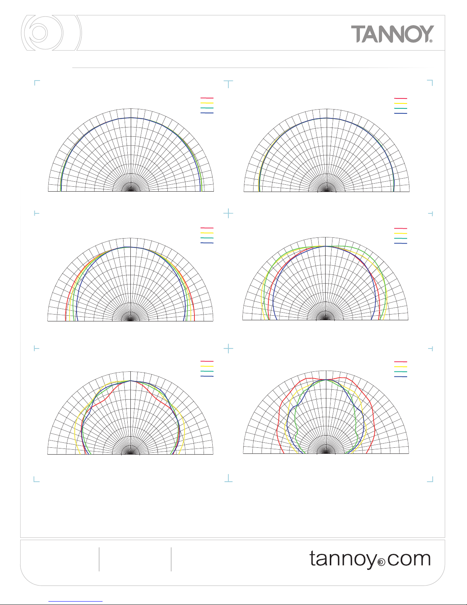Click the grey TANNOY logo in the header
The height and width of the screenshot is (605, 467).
[x=392, y=34]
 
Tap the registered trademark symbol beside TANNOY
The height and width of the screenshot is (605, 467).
[x=431, y=41]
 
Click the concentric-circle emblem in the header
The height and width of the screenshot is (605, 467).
[x=51, y=33]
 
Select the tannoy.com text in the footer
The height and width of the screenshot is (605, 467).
[x=370, y=559]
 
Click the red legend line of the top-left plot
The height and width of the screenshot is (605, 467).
[x=207, y=98]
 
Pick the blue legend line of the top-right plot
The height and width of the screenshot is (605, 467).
[x=401, y=113]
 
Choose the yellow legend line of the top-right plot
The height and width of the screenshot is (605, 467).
[x=401, y=103]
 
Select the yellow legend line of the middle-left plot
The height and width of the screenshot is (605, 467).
[x=207, y=233]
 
